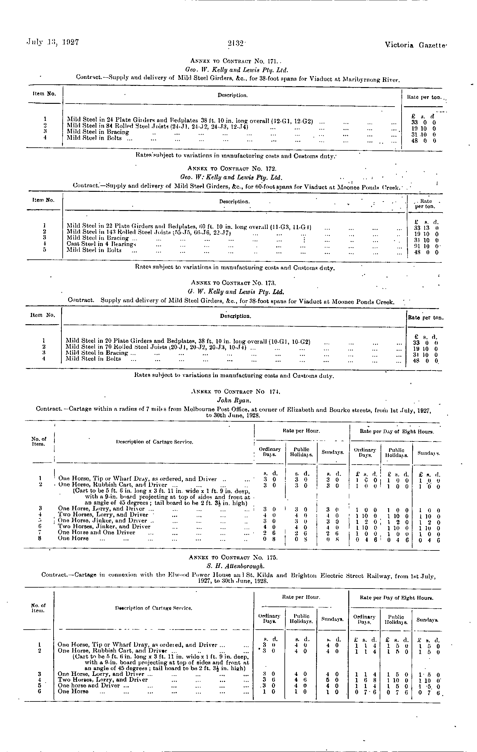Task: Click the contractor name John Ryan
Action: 234,400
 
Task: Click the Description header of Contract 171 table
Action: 233,95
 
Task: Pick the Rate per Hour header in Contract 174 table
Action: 301,431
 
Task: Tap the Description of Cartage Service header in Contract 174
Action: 154,442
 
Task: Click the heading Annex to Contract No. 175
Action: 233,557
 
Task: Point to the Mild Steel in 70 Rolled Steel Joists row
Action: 158,347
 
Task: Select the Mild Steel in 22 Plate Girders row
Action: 189,226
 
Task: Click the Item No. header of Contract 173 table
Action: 43,315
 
